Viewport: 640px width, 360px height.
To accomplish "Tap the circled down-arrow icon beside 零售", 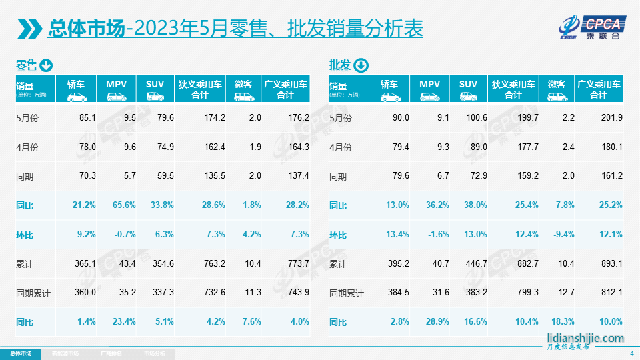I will click(46, 65).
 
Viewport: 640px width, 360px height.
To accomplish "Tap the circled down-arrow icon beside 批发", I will click(361, 65).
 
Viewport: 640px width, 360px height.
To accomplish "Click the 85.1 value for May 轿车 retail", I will click(87, 117).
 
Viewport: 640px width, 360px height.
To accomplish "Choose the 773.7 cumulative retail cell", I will click(297, 264).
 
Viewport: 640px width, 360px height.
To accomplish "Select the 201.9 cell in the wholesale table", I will click(611, 117).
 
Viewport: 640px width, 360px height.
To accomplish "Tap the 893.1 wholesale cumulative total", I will click(611, 264).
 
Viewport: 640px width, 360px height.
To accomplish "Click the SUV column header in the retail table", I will click(155, 89).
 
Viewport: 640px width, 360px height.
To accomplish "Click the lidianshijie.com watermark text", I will click(585, 338).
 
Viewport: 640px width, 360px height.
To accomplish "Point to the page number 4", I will click(631, 353).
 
